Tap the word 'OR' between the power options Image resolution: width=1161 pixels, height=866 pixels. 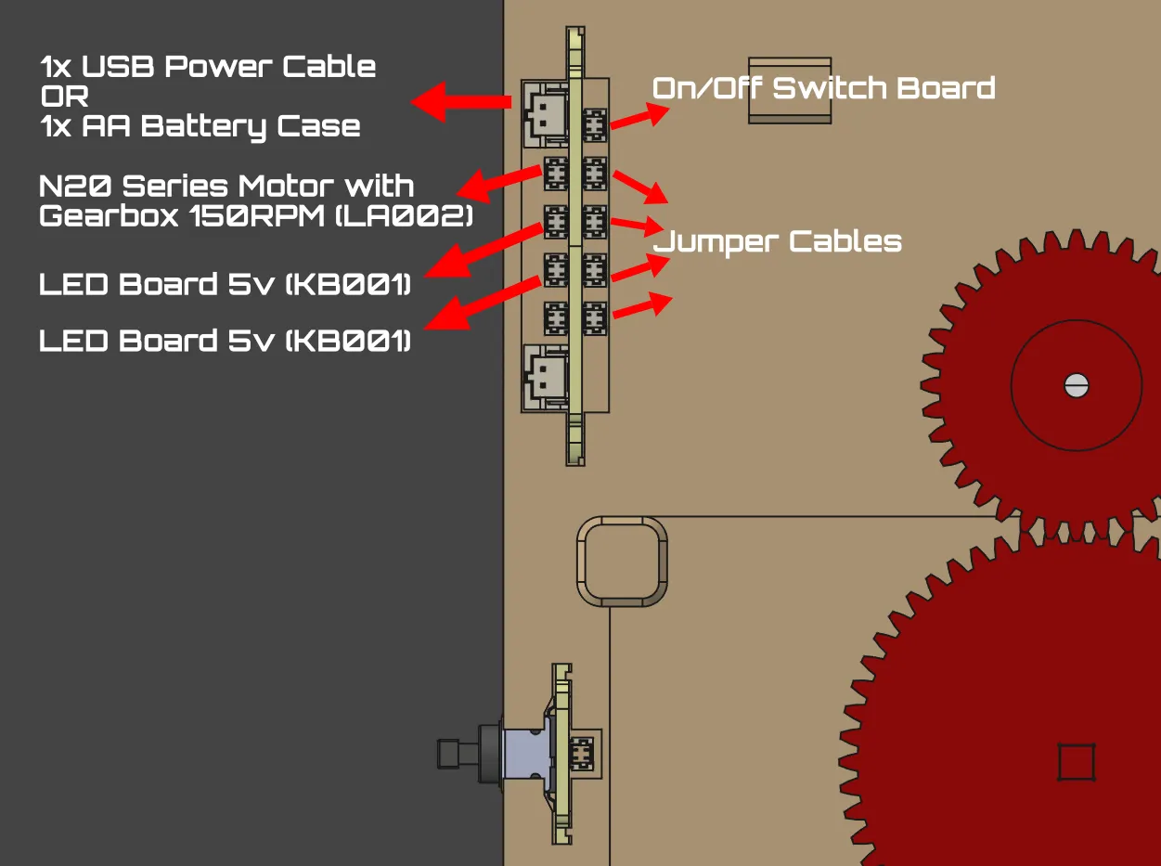(64, 97)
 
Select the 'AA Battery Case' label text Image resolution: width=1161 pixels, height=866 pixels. (221, 127)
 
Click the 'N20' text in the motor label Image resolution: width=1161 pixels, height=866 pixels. (74, 187)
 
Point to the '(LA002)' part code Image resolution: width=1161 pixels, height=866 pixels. (404, 216)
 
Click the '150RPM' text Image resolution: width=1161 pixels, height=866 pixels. (256, 216)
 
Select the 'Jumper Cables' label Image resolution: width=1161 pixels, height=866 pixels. (777, 242)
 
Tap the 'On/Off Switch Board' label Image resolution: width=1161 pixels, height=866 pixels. (823, 88)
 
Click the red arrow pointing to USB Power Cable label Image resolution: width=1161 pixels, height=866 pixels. (460, 101)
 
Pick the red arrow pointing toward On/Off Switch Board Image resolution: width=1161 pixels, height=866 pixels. (640, 116)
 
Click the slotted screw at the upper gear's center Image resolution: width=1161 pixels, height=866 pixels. (1076, 385)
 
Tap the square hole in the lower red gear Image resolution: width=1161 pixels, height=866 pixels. (1076, 762)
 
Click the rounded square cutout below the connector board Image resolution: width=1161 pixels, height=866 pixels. (622, 562)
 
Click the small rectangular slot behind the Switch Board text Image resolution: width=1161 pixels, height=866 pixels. (790, 90)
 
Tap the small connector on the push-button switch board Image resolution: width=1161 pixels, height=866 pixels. (582, 754)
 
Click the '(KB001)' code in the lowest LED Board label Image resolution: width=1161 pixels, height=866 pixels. (348, 341)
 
